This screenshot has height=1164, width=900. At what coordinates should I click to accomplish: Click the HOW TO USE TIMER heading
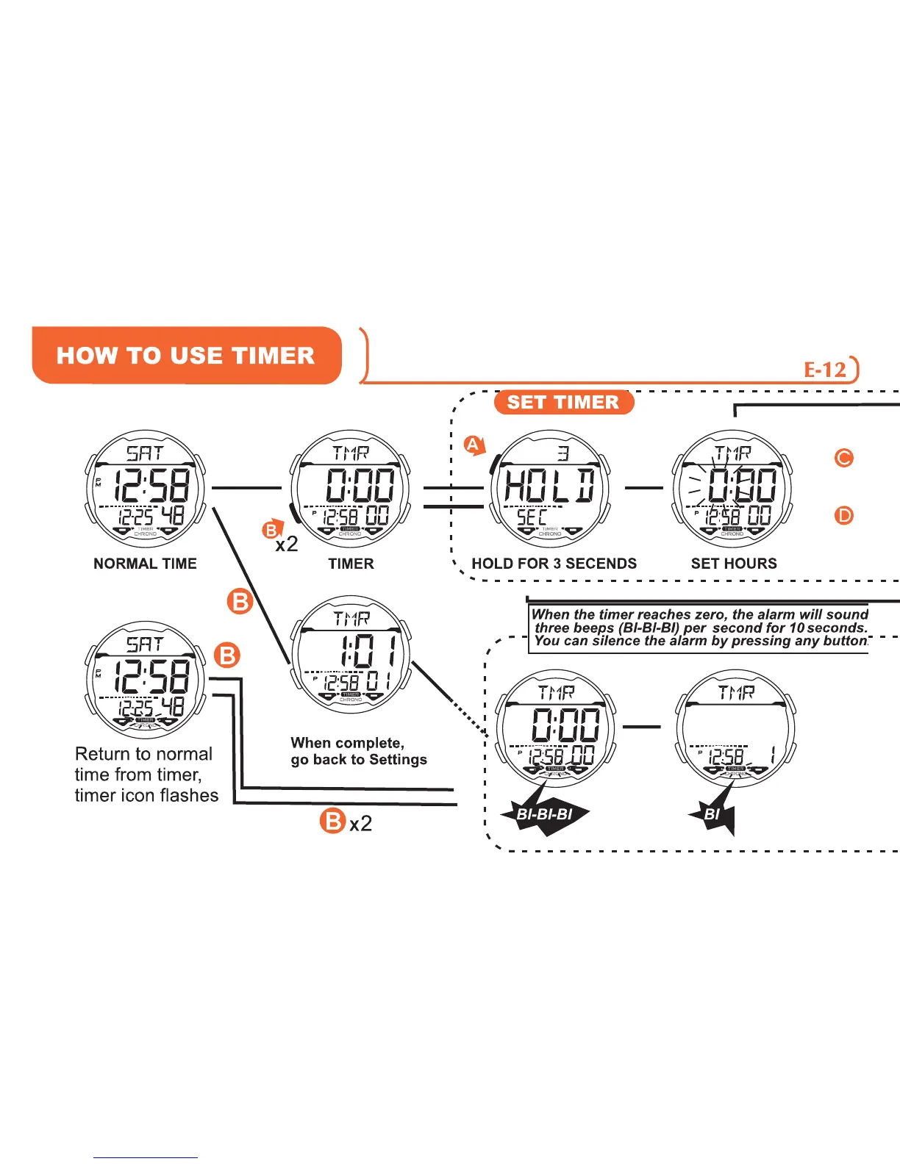pos(186,356)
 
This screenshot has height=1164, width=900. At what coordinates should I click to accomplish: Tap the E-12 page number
pos(826,370)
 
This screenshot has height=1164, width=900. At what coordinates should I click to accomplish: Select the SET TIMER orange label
pos(563,402)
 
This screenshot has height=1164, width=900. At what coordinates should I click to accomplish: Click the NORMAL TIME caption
pos(145,564)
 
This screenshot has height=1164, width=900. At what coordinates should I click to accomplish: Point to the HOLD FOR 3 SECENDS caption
pos(554,564)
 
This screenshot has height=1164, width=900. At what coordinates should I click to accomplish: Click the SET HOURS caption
pos(733,564)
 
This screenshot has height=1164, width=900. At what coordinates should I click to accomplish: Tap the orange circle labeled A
pos(473,445)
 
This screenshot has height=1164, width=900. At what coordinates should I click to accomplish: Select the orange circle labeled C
pos(843,458)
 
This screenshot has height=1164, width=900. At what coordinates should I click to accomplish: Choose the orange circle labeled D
pos(843,516)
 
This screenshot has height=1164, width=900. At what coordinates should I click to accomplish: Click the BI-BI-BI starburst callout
pos(545,813)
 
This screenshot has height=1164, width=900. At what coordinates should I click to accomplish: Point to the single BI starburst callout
pos(712,814)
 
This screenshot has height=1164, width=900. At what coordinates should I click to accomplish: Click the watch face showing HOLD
pos(550,489)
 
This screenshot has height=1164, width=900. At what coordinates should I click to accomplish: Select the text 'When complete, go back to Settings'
pos(358,751)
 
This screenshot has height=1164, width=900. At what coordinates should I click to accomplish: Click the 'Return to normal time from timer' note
pos(146,775)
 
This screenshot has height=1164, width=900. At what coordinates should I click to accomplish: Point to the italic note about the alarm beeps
pos(699,628)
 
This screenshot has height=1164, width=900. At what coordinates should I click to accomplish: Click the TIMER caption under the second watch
pos(351,564)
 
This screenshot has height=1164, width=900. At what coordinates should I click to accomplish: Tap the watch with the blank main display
pos(735,727)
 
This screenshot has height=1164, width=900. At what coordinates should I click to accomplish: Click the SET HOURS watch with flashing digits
pos(733,489)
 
